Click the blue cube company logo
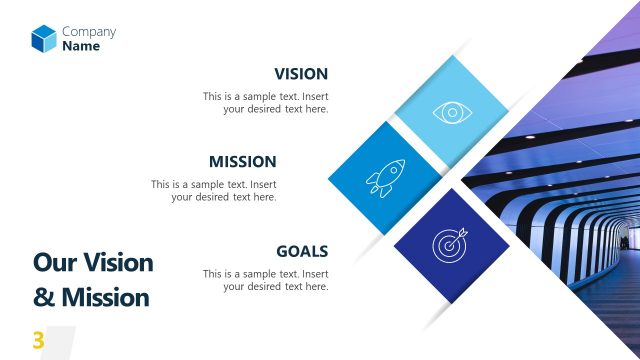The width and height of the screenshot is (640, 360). coord(43,38)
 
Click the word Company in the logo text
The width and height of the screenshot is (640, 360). coord(88,31)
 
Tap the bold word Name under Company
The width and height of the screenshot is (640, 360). coord(81,46)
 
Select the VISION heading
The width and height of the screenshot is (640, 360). coord(300,74)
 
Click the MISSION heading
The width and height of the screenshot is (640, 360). coord(242,161)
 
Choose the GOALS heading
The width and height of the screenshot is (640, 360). coord(301,251)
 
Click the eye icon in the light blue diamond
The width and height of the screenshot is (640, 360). coord(452,112)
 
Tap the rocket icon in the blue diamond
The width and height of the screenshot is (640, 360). coord(385,179)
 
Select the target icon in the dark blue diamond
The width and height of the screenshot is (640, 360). coord(450,244)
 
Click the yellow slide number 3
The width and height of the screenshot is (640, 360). coord(38,341)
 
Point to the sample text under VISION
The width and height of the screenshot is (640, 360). coord(265,103)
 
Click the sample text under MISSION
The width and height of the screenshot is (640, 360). coord(213,191)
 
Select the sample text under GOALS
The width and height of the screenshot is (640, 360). coord(265,280)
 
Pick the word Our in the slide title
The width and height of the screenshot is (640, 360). coord(54,263)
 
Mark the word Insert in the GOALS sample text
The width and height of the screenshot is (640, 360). coord(315,274)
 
